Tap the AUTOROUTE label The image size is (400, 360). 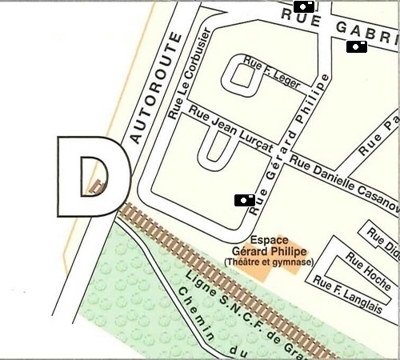point(154,88)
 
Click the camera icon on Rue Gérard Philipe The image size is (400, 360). point(245,200)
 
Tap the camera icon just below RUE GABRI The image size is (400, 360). point(357,47)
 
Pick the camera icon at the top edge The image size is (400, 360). point(304,6)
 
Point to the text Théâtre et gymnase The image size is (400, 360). point(269,262)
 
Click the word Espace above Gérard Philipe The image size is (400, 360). point(269,239)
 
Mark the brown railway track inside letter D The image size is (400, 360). point(98,187)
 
